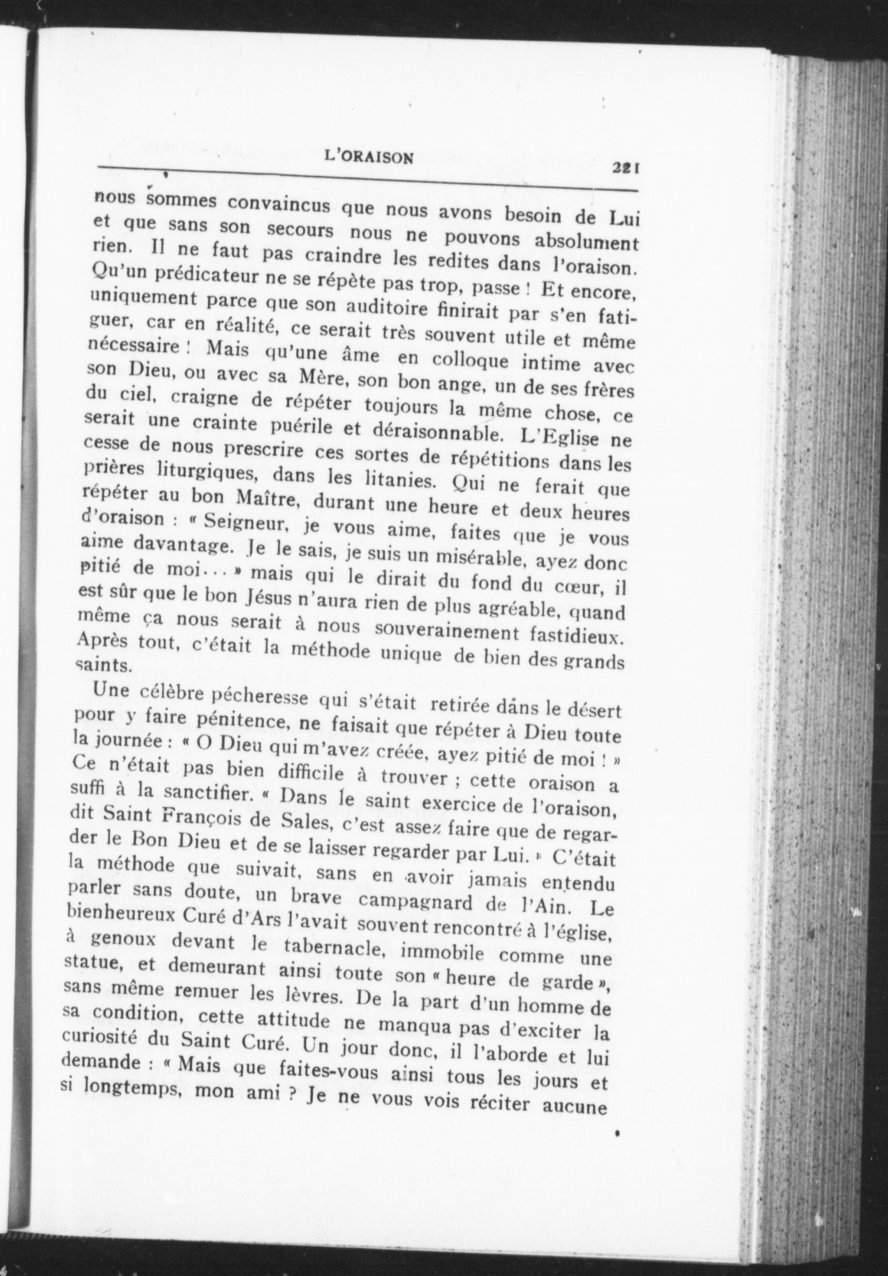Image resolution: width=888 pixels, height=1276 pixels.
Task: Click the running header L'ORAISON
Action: point(368,158)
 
